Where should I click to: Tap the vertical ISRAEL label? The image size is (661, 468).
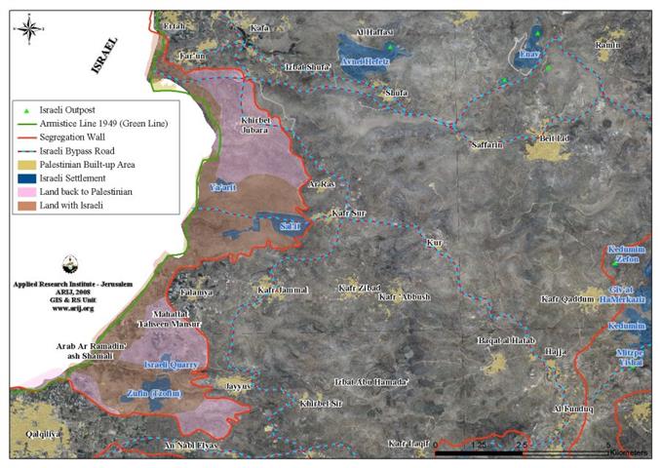[104, 56]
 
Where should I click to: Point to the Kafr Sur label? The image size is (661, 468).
[348, 212]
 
